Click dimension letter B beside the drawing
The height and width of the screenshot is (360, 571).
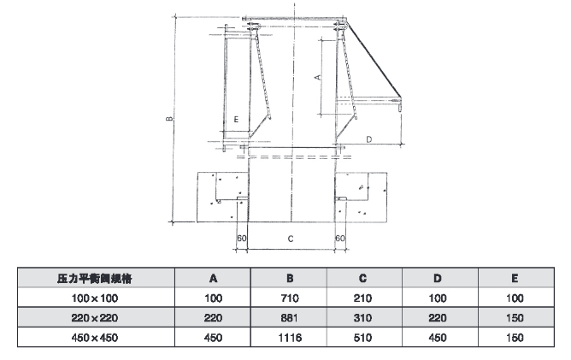172,118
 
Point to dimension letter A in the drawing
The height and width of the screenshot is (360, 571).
317,77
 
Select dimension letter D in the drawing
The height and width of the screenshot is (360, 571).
368,137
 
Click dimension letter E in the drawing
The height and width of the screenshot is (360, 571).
234,120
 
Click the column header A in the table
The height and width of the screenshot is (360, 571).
213,279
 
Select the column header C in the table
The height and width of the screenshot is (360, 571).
362,279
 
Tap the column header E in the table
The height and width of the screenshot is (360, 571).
514,279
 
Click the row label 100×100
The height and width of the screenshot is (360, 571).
94,298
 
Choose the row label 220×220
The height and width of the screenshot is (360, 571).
94,316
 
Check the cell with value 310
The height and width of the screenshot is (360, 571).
362,316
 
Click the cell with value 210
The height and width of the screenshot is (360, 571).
362,298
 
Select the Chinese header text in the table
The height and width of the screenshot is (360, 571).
94,279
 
